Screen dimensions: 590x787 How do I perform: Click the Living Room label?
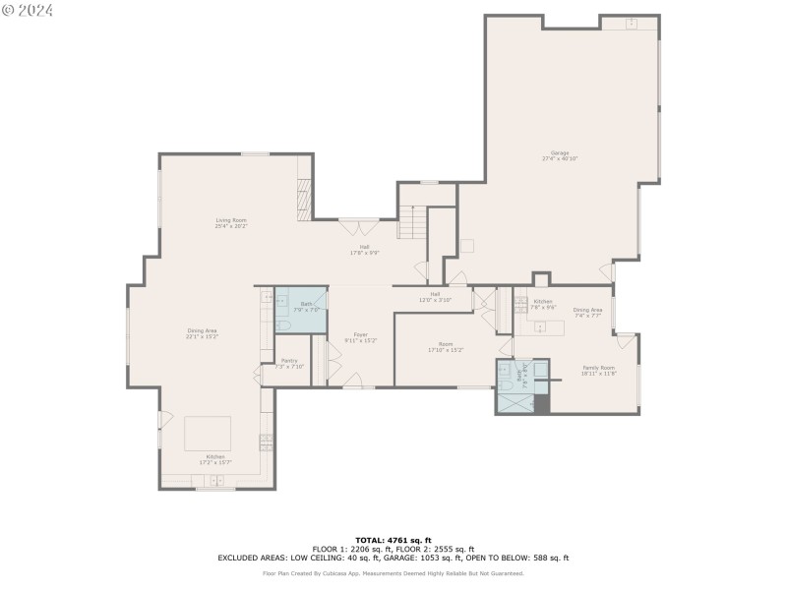click(x=231, y=223)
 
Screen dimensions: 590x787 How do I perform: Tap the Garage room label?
click(x=560, y=155)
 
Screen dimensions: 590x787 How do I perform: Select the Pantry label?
click(x=289, y=363)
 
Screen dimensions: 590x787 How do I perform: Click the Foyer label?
click(x=361, y=338)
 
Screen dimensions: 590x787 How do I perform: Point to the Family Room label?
click(x=597, y=370)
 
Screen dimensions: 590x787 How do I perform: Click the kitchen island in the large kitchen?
click(x=208, y=434)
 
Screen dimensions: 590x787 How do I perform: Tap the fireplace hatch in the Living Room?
click(x=304, y=201)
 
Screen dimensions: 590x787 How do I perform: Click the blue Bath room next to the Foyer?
click(x=300, y=312)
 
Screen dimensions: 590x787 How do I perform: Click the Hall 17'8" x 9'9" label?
click(x=364, y=250)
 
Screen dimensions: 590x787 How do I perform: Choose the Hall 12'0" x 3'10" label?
click(x=434, y=297)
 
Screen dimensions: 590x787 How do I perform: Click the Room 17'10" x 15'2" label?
click(x=445, y=347)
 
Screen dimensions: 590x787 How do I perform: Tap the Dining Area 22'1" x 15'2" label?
click(x=202, y=333)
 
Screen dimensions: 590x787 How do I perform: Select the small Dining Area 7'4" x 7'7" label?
click(x=587, y=313)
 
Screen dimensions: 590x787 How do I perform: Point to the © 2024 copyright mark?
click(x=28, y=10)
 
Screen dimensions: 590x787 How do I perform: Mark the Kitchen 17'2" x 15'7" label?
click(x=215, y=459)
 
